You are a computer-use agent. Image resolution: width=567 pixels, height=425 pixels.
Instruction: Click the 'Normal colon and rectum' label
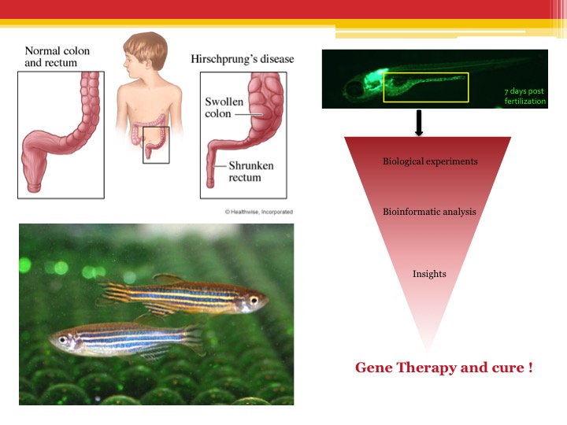57,57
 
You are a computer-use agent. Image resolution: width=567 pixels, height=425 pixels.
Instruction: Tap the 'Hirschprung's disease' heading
243,59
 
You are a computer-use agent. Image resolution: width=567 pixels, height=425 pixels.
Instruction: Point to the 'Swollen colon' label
224,107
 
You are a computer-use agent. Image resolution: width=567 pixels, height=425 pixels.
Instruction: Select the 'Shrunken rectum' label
251,172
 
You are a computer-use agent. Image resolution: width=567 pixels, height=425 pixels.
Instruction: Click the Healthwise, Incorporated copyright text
259,212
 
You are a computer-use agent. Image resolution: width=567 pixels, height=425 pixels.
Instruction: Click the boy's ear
148,64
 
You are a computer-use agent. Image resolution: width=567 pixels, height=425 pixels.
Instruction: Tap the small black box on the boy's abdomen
143,145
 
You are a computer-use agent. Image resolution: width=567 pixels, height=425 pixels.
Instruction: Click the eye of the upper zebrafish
254,300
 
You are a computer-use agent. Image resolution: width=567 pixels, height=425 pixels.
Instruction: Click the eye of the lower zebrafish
63,340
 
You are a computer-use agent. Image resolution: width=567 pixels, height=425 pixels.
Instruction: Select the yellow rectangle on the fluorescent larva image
384,87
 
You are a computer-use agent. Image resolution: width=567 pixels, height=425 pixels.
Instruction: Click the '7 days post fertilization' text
524,96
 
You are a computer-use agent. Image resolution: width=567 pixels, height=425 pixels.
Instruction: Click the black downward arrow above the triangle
419,124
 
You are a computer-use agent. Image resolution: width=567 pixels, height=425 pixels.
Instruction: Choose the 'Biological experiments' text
430,161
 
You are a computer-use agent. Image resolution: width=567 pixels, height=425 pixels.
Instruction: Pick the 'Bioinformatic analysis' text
429,212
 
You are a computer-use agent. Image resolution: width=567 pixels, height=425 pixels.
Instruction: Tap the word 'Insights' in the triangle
429,274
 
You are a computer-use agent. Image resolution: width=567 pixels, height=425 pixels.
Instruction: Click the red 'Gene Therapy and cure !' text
443,368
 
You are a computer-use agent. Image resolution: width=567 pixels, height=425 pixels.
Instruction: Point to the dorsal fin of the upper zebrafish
169,279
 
